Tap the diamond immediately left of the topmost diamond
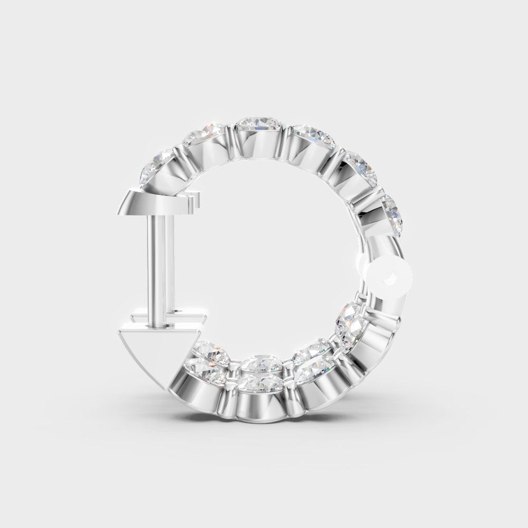point(206,135)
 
